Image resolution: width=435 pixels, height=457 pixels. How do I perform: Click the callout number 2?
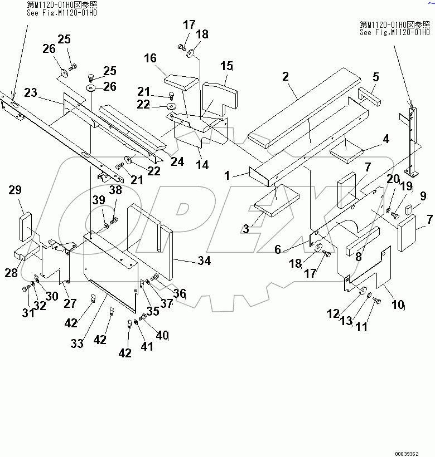coord(286,76)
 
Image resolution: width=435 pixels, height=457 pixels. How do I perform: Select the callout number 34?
coord(204,260)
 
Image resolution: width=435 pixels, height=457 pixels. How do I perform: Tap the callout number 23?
coord(31,93)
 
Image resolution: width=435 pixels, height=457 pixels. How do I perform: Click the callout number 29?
coord(15,190)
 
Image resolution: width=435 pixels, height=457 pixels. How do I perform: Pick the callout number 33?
coord(77,343)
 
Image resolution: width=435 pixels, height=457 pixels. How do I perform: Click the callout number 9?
coord(423,196)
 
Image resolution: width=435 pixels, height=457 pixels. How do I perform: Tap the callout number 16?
coord(151,59)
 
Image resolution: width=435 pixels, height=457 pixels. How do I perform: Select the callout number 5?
coord(375,76)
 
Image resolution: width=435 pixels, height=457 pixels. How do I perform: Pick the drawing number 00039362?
coord(413,454)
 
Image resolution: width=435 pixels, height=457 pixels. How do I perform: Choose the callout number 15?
coord(226,66)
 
